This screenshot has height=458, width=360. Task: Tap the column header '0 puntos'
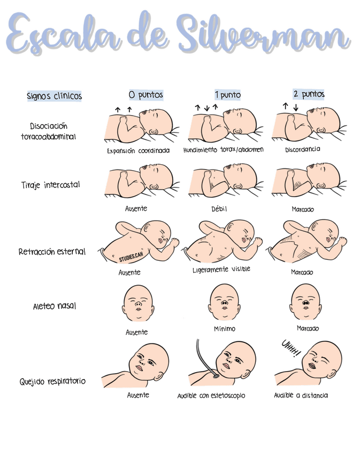[x=145, y=95]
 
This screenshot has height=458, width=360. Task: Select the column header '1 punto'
[x=227, y=95]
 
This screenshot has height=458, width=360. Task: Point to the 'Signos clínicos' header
[x=54, y=96]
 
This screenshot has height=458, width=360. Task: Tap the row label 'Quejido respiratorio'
[x=52, y=382]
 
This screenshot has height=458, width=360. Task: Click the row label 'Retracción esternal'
[x=52, y=252]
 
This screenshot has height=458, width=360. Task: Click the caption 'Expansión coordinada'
[x=138, y=151]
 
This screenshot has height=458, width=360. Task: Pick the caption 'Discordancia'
[x=302, y=150]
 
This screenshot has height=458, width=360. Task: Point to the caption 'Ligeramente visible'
[x=221, y=269]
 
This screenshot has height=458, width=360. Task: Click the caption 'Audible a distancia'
[x=301, y=395]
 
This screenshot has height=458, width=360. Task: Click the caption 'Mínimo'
[x=225, y=328]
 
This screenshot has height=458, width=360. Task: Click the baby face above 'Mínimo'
[x=223, y=303]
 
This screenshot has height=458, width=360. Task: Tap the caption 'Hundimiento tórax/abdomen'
[x=223, y=150]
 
